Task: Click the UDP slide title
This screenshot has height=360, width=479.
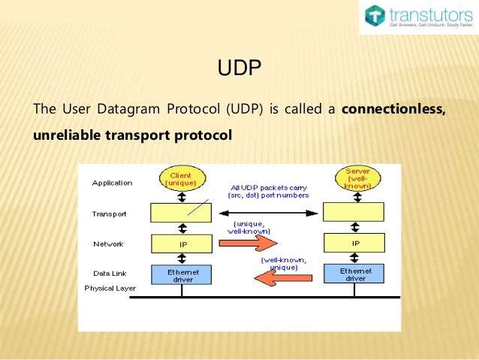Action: pyautogui.click(x=239, y=70)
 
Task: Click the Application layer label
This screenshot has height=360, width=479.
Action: pyautogui.click(x=112, y=183)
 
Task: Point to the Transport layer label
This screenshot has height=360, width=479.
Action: pyautogui.click(x=109, y=214)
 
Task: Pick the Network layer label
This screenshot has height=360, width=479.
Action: pyautogui.click(x=108, y=244)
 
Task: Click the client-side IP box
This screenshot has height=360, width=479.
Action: pyautogui.click(x=182, y=244)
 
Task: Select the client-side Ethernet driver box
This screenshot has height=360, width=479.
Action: pyautogui.click(x=182, y=274)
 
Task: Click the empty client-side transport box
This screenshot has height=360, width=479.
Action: pyautogui.click(x=182, y=213)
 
